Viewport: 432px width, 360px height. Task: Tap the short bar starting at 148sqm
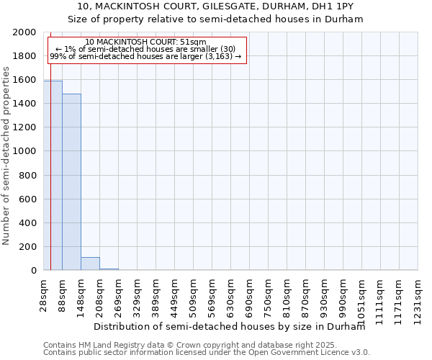(x=90, y=264)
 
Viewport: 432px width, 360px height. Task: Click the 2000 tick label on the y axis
(x=25, y=32)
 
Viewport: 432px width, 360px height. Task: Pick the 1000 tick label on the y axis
(x=25, y=151)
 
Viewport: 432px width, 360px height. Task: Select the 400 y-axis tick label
(x=28, y=223)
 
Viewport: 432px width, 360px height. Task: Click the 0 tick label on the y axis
(x=35, y=271)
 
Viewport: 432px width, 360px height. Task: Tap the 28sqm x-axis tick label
(x=44, y=295)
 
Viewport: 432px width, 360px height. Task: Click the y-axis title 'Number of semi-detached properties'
(x=6, y=155)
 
